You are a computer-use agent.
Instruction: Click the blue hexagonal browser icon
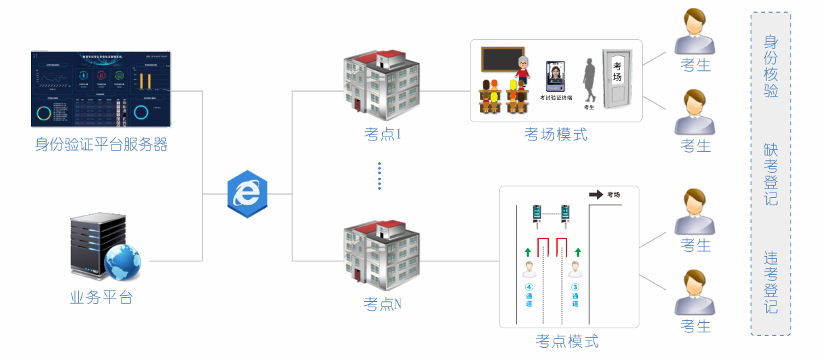point(247,194)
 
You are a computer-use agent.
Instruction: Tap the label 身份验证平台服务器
point(101,145)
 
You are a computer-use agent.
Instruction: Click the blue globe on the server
point(122,263)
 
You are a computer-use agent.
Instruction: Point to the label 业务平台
point(101,297)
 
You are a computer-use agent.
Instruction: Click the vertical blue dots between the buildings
point(379,176)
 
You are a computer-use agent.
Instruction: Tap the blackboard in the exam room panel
point(502,59)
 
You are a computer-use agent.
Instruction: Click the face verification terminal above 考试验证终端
point(556,76)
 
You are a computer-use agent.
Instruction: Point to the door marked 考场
point(617,78)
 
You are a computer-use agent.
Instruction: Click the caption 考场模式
point(556,134)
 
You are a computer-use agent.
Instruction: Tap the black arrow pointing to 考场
point(596,195)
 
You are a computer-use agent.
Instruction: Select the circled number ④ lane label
point(529,286)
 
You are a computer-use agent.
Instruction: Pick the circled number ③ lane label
point(575,286)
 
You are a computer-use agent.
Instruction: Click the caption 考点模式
point(567,341)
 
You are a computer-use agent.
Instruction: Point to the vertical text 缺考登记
point(770,174)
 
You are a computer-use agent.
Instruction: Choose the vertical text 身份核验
point(770,66)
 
